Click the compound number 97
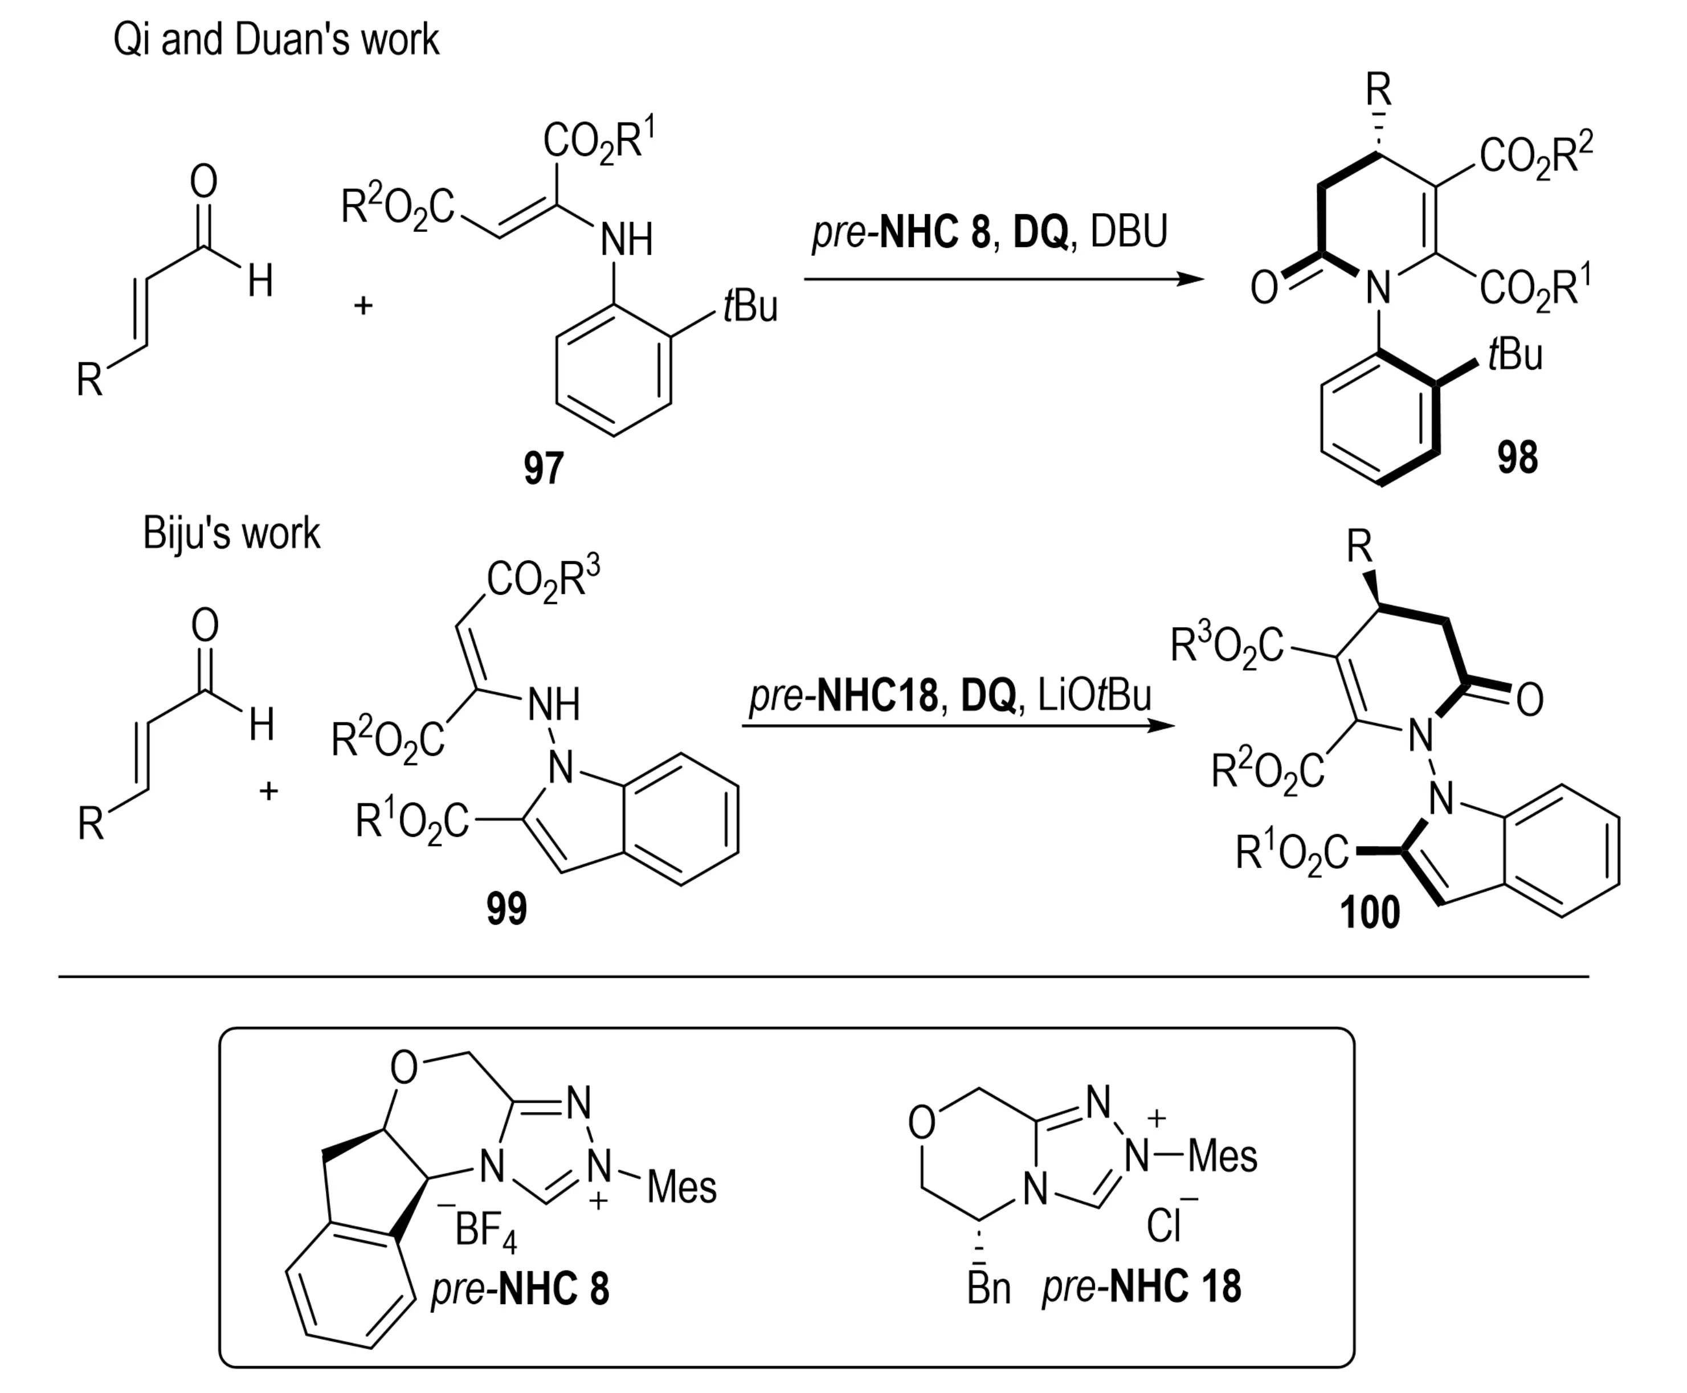(544, 468)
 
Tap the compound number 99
(506, 909)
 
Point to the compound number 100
(1370, 912)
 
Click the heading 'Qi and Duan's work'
(276, 39)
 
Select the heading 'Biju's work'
(231, 533)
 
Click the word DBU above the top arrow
(1129, 231)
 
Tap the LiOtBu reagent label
(1094, 696)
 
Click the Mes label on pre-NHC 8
(681, 1187)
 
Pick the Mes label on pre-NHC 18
(1222, 1157)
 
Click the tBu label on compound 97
(750, 307)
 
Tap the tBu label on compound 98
(1514, 354)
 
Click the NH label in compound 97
(627, 240)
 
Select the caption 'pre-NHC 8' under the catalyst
(520, 1289)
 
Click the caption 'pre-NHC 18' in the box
(1141, 1286)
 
